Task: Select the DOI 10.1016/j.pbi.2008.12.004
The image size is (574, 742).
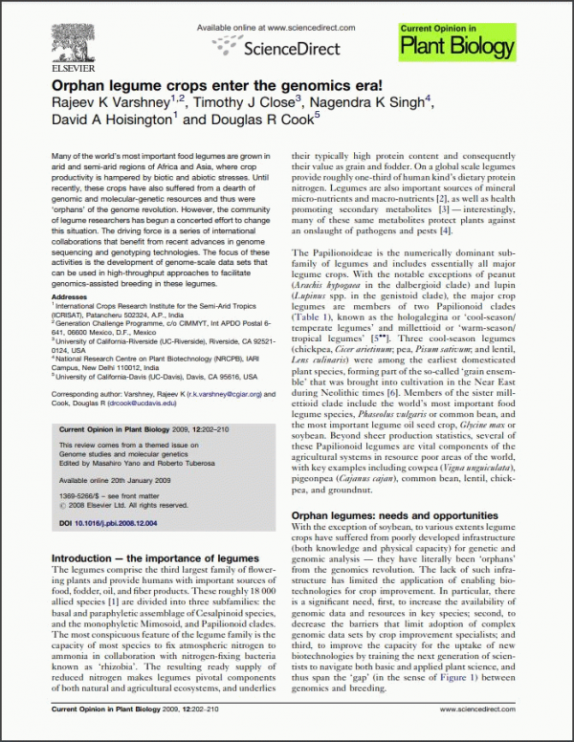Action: (118, 524)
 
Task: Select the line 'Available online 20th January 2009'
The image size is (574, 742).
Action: (106, 477)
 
